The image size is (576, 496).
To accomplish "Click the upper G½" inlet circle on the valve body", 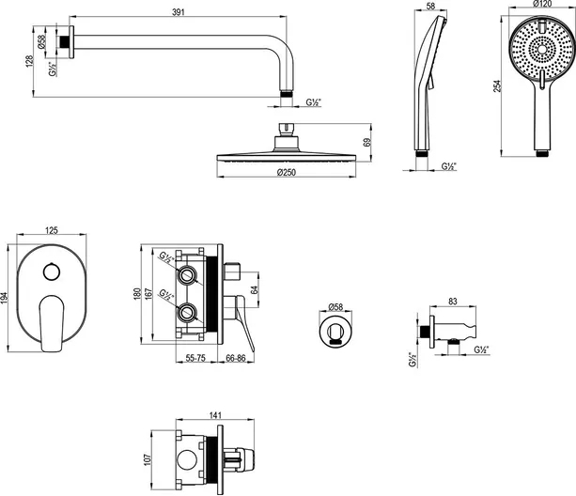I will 188,275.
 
